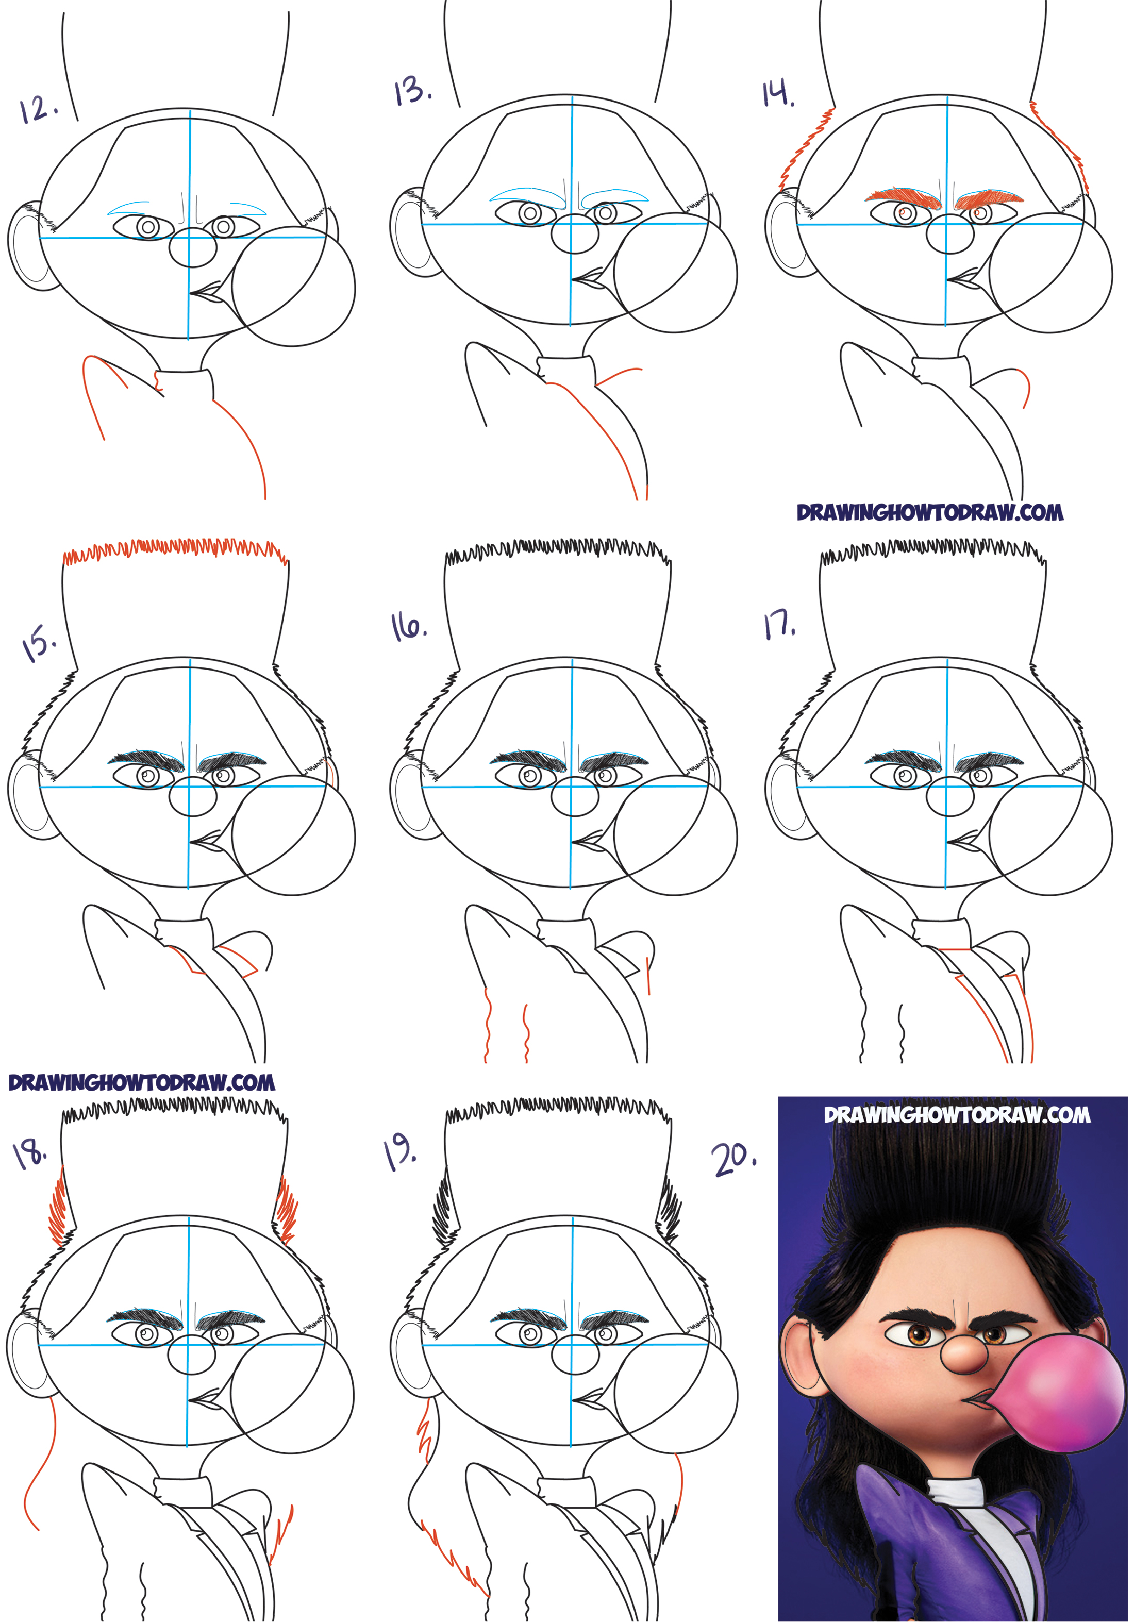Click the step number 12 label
[x=39, y=109]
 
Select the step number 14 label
[x=778, y=94]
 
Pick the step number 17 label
[x=779, y=625]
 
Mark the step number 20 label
[x=734, y=1159]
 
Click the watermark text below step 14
[x=930, y=513]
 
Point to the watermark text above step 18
[x=141, y=1082]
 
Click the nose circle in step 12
[x=193, y=247]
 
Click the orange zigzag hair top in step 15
[x=175, y=551]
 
